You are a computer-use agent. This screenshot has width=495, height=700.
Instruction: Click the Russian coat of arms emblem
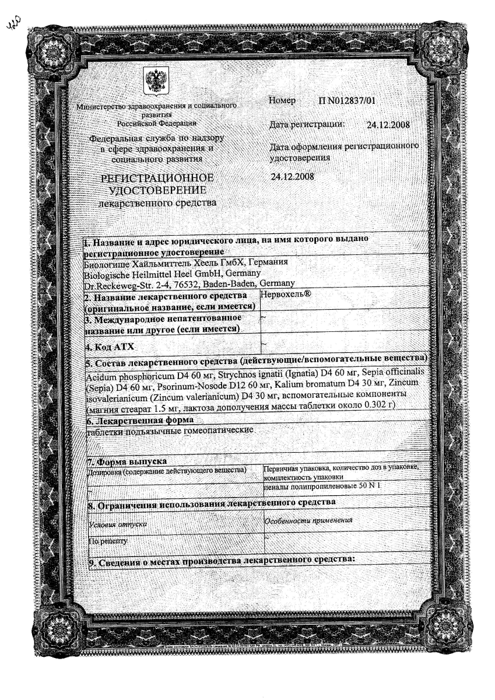tap(156, 82)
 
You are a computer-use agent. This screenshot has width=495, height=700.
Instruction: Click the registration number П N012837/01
tap(347, 101)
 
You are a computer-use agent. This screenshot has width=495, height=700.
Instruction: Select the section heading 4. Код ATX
tap(110, 347)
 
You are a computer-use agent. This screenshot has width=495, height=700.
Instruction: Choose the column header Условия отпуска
tap(117, 523)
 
